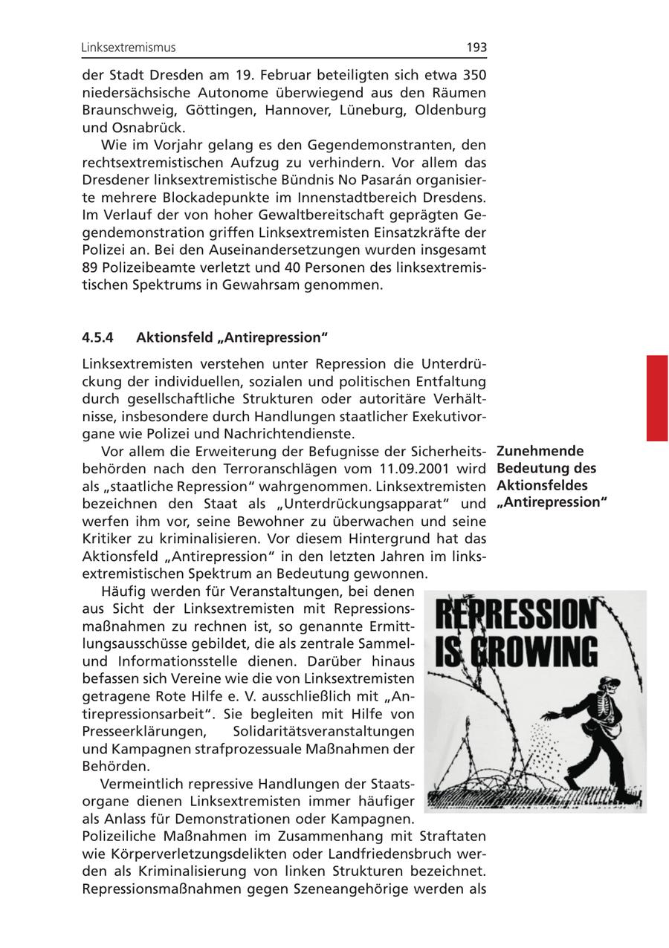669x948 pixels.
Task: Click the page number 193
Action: (x=476, y=48)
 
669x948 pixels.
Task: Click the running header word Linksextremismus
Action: (x=129, y=48)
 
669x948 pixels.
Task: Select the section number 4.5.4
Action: (x=97, y=337)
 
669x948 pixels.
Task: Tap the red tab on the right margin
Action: (x=656, y=398)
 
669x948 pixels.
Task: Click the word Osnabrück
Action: (x=154, y=127)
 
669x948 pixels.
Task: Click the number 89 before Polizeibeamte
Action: (x=90, y=267)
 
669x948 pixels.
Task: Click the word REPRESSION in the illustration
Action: (x=515, y=616)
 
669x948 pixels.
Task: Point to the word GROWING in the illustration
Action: (x=532, y=652)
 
